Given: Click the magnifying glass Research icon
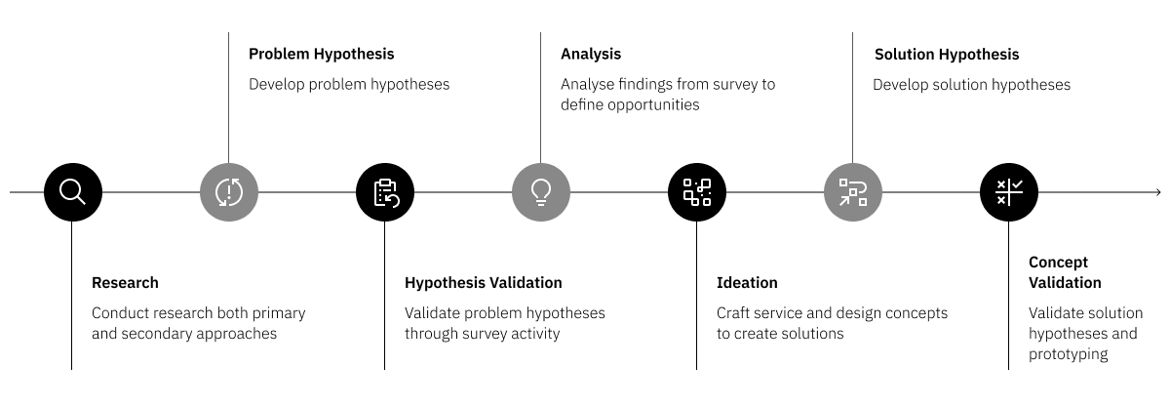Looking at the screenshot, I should (72, 191).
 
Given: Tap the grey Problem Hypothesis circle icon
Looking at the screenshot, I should (228, 191).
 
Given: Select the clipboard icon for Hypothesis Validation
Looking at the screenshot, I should (384, 191).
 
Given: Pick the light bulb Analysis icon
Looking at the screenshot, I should (540, 191).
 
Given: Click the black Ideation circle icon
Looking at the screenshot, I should (696, 191).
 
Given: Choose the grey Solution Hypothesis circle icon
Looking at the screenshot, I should (852, 191).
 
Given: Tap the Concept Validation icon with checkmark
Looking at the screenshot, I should (1008, 191).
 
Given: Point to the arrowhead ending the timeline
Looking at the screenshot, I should (1157, 192).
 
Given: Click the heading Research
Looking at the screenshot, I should (125, 283).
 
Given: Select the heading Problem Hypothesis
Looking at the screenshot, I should (321, 54).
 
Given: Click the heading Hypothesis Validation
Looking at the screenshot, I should (483, 283).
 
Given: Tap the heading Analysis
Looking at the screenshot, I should (590, 54).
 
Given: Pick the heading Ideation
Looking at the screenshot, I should (747, 283).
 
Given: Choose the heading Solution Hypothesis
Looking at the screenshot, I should (946, 55).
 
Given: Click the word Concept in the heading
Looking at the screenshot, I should (1058, 263).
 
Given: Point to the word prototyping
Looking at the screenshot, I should (1068, 354).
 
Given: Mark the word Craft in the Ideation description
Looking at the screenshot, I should (734, 313).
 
